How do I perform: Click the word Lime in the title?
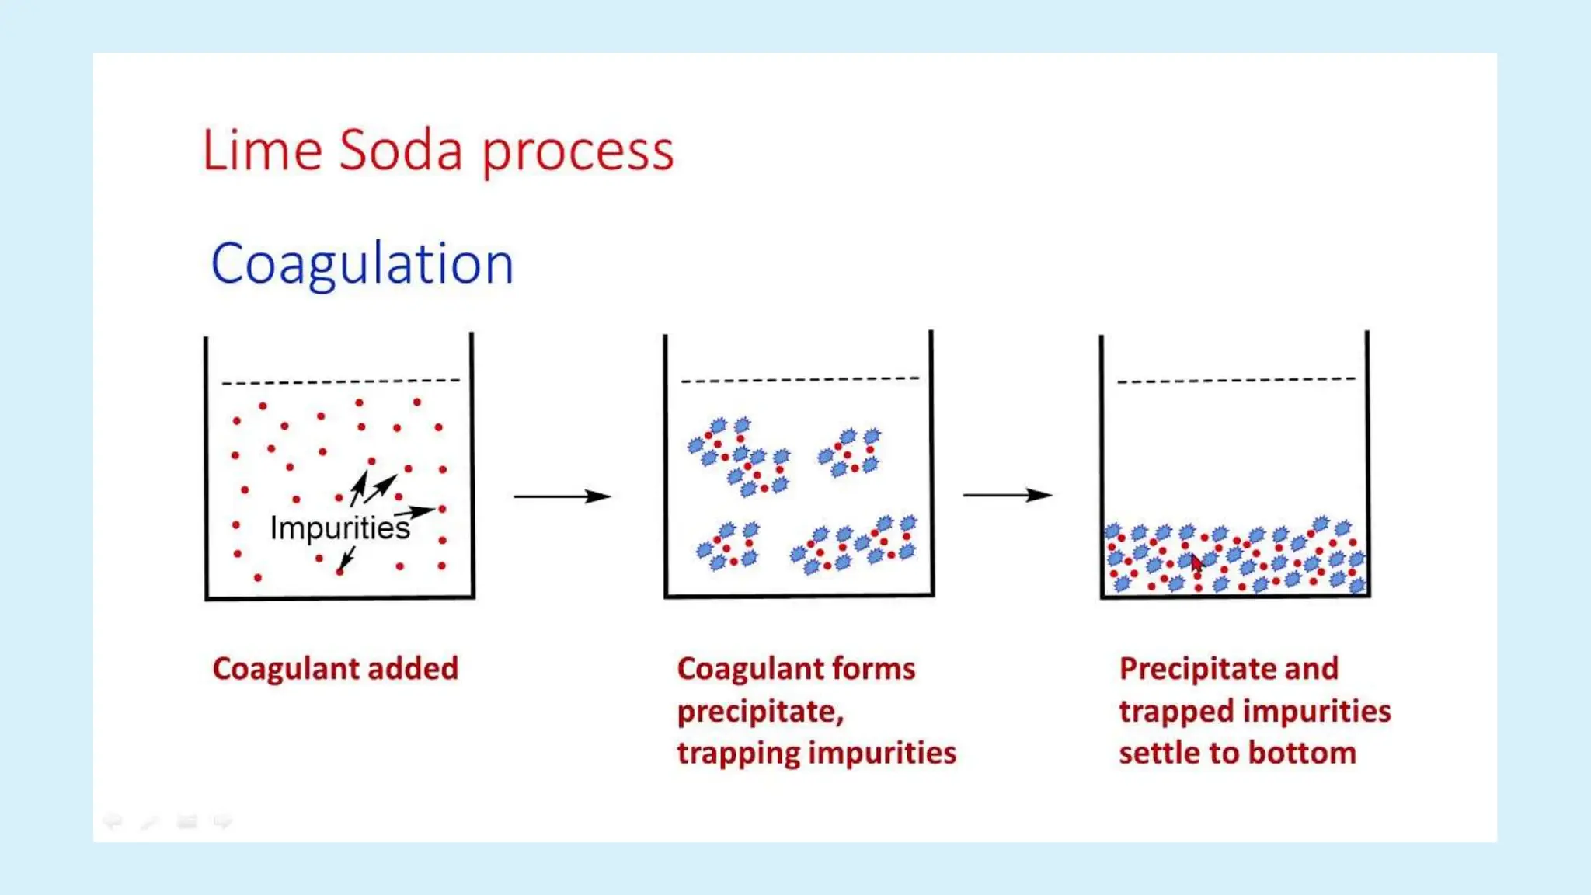coord(262,150)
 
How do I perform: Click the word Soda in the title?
coord(400,150)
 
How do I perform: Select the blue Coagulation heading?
coord(362,264)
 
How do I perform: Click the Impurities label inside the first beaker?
coord(339,528)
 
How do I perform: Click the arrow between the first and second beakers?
coord(562,496)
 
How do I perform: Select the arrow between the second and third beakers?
coord(1008,495)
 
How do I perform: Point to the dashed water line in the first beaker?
coord(340,381)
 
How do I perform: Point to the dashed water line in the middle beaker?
coord(799,380)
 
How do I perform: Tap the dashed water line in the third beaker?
coord(1235,380)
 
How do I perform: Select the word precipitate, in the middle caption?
coord(760,712)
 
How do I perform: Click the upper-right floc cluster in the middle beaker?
coord(851,452)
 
